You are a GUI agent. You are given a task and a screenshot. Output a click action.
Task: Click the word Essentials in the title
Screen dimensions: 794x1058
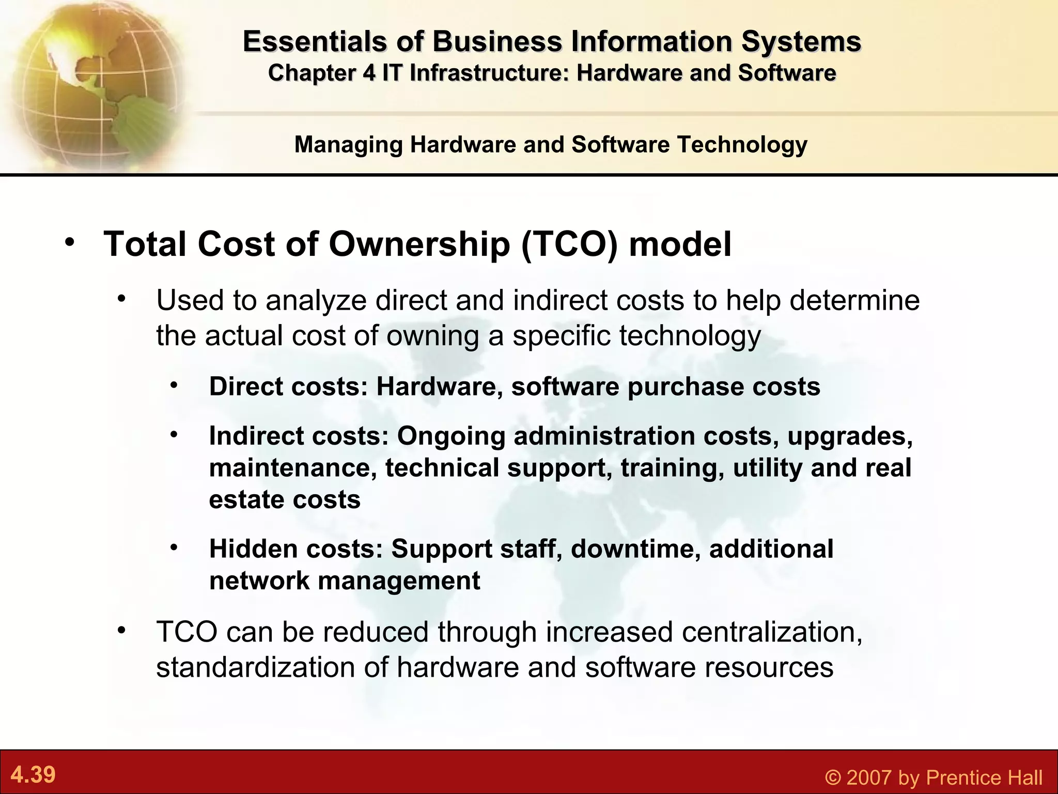[x=315, y=41]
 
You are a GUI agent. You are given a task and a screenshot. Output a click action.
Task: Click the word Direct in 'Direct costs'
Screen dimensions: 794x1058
[x=246, y=387]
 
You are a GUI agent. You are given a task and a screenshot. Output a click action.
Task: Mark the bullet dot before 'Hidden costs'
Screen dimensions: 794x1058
[x=174, y=547]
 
